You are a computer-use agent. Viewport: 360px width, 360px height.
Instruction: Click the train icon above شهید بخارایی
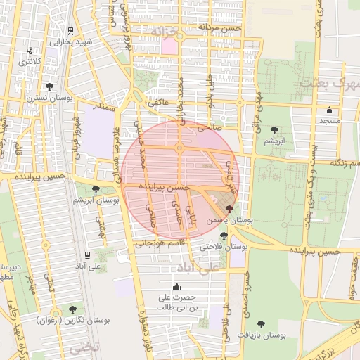71,31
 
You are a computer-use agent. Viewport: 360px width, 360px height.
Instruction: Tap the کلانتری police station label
30,63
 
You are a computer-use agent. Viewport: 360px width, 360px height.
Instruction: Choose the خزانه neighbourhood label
171,32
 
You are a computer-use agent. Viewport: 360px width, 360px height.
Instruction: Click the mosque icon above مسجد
329,110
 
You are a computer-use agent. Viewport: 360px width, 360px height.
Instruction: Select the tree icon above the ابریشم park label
274,130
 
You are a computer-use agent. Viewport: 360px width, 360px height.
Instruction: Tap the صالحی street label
210,128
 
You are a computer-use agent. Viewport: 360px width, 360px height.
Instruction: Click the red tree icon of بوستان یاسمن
229,209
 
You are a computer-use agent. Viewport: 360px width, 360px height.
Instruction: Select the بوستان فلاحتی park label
224,247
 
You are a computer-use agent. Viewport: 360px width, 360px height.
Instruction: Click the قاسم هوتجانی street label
159,243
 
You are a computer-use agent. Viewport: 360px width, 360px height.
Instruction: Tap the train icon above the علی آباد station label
86,255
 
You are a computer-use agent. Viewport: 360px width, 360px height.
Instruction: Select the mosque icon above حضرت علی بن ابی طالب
176,286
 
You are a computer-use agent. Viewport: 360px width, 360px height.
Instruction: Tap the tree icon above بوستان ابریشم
96,189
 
